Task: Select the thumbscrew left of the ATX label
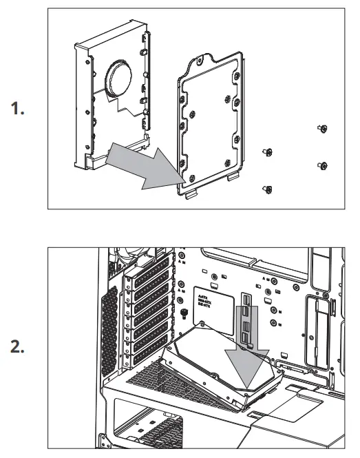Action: click(x=184, y=314)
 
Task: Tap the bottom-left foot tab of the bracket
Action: click(x=191, y=194)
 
